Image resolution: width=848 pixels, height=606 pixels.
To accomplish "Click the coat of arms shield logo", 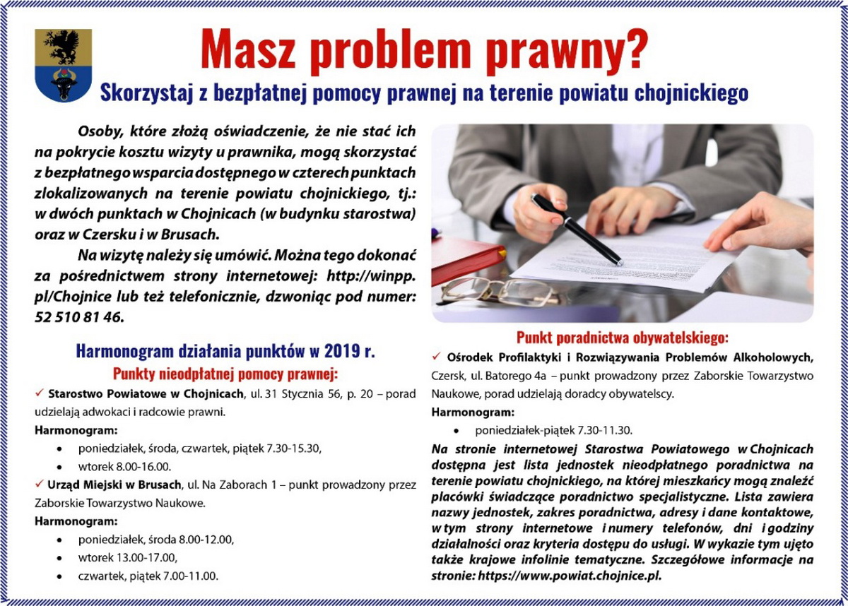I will pos(63,66).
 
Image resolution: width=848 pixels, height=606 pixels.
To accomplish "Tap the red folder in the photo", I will pos(466,259).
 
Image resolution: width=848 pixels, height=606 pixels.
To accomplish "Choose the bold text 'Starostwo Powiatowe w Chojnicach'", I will pos(146,393).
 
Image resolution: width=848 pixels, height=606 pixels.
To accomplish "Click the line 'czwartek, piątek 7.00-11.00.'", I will pos(148,576).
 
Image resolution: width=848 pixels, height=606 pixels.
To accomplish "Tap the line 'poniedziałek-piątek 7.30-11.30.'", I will pos(553,429).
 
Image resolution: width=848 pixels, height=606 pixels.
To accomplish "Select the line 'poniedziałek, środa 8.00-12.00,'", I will pos(155,540).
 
